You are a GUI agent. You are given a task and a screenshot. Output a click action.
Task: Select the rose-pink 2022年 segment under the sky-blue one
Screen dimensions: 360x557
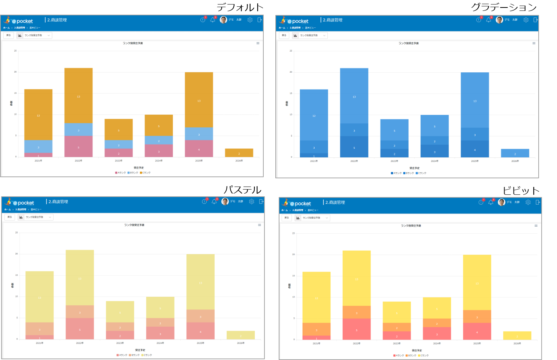pyautogui.click(x=78, y=146)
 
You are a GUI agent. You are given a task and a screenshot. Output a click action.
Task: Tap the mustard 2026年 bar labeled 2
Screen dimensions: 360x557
pyautogui.click(x=239, y=153)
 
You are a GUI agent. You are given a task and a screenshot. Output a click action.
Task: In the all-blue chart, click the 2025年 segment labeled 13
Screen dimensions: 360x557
pyautogui.click(x=475, y=100)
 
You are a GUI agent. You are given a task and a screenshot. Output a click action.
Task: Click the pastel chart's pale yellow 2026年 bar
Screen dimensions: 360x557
pyautogui.click(x=240, y=335)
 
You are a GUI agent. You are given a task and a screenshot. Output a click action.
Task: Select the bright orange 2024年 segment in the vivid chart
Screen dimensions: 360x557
pyautogui.click(x=437, y=323)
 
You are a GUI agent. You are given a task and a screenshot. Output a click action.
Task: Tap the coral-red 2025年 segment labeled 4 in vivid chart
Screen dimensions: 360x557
pyautogui.click(x=477, y=332)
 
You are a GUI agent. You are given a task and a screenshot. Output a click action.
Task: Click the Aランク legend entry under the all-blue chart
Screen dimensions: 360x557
pyautogui.click(x=396, y=173)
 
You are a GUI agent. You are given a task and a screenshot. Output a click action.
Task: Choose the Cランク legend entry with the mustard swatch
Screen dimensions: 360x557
pyautogui.click(x=145, y=173)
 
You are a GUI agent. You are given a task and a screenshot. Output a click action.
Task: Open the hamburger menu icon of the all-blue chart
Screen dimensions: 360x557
pyautogui.click(x=534, y=43)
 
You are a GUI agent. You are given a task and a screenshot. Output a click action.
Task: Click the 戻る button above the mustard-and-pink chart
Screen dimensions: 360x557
pyautogui.click(x=9, y=35)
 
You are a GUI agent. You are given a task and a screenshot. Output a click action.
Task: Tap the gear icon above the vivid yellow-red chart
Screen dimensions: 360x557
pyautogui.click(x=528, y=202)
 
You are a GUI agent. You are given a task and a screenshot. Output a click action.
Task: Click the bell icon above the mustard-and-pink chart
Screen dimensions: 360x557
pyautogui.click(x=212, y=20)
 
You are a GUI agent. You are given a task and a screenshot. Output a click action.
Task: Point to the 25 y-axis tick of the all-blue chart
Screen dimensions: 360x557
pyautogui.click(x=291, y=51)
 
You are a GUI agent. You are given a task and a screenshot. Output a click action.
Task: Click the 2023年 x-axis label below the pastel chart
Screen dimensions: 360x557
pyautogui.click(x=120, y=343)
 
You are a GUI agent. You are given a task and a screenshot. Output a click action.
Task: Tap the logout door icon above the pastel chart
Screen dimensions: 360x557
pyautogui.click(x=261, y=202)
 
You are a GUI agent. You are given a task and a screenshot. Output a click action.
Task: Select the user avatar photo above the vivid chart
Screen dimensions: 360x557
pyautogui.click(x=501, y=202)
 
